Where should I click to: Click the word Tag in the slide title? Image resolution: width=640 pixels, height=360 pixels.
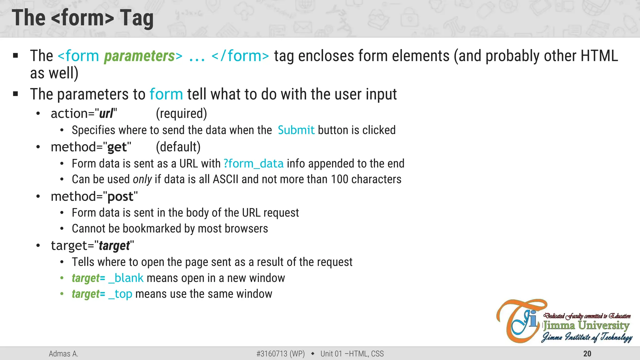137,18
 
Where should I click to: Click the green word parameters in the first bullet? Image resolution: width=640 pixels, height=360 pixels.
139,56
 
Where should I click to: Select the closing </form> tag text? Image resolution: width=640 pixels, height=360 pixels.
240,56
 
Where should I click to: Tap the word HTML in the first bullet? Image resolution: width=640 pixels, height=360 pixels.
599,56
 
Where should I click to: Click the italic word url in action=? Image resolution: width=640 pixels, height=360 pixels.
106,114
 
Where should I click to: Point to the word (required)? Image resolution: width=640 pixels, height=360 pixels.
181,114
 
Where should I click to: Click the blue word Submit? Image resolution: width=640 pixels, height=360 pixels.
296,130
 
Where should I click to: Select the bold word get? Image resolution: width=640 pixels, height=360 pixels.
117,147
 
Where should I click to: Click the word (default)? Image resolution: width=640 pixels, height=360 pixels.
178,147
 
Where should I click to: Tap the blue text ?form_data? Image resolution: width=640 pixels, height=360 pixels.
253,164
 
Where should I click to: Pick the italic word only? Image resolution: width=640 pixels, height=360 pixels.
142,180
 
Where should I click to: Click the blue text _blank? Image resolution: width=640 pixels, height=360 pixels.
126,278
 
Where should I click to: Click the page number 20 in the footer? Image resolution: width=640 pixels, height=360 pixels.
587,354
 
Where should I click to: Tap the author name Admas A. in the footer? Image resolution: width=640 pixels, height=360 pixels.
63,354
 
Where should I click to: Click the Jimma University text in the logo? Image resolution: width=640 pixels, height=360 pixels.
586,326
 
